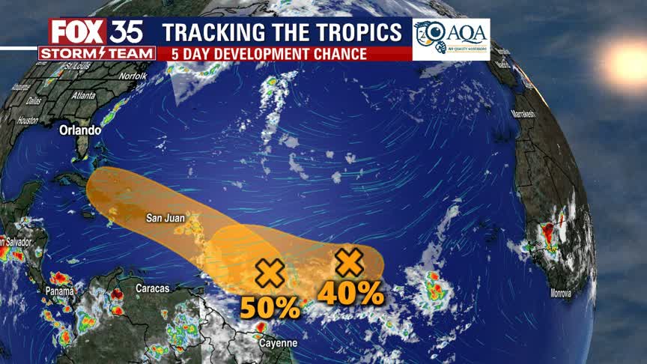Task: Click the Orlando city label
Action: (80, 130)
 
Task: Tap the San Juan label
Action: (165, 219)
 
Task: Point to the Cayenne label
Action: (277, 343)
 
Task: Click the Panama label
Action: (59, 291)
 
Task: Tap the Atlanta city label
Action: (83, 95)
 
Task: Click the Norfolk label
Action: (133, 76)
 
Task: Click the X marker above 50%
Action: (270, 273)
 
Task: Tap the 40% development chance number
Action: (350, 293)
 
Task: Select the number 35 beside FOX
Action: (127, 31)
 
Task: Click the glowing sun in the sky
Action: (626, 63)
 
